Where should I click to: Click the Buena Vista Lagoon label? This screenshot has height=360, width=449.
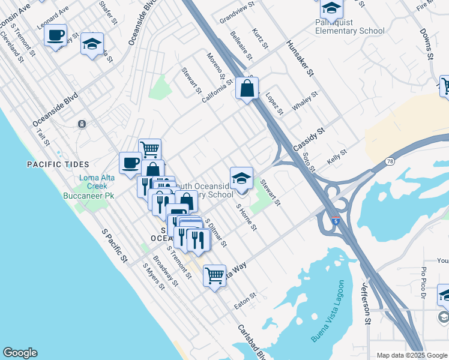tap(330, 311)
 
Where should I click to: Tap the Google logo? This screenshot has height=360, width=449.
tap(20, 353)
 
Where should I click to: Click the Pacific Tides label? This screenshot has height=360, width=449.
tap(58, 164)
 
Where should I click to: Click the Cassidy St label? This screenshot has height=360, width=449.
tap(309, 139)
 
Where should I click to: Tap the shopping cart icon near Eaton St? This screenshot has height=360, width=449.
tap(214, 276)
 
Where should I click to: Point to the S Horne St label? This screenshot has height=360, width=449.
tap(247, 218)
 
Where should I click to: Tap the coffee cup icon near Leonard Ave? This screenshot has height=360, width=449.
tap(56, 35)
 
